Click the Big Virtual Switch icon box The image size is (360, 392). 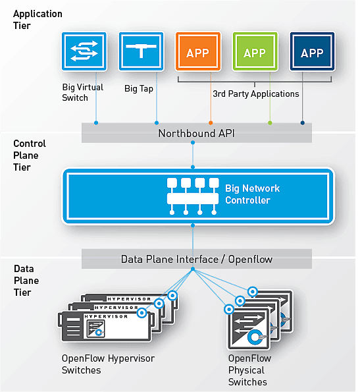(84, 51)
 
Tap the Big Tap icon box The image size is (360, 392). (141, 51)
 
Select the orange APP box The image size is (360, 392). (198, 51)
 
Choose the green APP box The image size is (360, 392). (255, 51)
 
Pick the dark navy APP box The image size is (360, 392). (312, 51)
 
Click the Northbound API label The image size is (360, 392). (197, 133)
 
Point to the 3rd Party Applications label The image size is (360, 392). (256, 94)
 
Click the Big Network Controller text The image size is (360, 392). (253, 194)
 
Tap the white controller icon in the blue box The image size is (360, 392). (193, 196)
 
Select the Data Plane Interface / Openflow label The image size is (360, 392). (197, 260)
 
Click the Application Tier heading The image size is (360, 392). (38, 20)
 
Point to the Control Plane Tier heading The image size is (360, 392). (30, 155)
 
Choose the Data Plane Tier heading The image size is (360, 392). (26, 281)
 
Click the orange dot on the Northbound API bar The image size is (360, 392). (211, 123)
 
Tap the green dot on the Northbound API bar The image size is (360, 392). (270, 123)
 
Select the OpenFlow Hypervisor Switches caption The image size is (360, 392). (108, 364)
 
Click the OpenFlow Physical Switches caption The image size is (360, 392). (249, 370)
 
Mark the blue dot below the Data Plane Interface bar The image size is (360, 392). (193, 269)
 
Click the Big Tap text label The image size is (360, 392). (139, 88)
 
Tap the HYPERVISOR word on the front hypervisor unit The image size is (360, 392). (106, 316)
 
